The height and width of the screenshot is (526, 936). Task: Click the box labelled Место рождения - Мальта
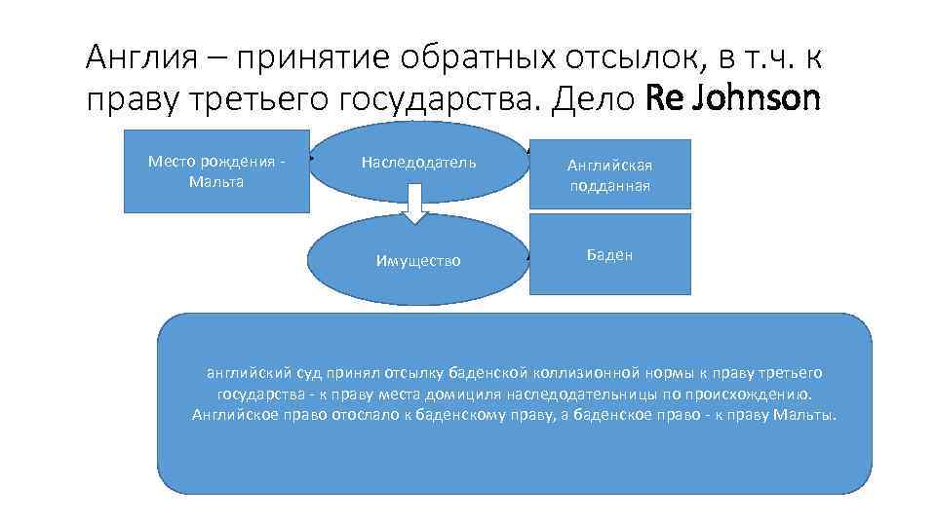click(x=215, y=170)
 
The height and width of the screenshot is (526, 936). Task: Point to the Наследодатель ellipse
click(x=418, y=162)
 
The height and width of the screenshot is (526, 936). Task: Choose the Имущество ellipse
click(x=418, y=261)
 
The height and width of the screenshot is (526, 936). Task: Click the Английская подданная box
click(x=609, y=174)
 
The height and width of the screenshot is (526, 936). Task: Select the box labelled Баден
click(x=609, y=254)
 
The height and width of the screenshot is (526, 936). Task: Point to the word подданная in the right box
click(x=609, y=185)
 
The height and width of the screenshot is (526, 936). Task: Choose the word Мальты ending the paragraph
click(x=809, y=415)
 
